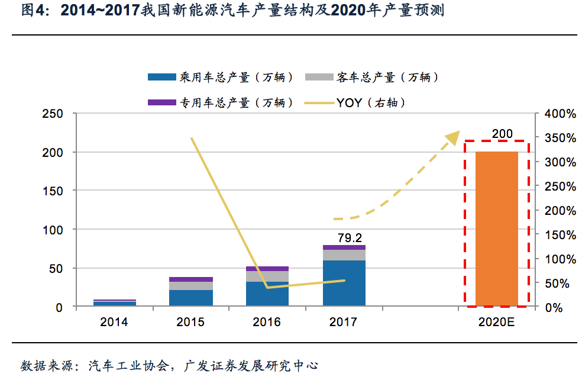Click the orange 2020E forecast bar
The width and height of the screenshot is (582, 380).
(496, 228)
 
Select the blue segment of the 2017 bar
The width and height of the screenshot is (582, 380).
(344, 283)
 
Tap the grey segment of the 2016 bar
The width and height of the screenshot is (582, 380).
(267, 276)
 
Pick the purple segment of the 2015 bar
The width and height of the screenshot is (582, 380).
(190, 279)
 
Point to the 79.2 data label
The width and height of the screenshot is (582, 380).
(350, 238)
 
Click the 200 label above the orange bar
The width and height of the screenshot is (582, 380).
(502, 134)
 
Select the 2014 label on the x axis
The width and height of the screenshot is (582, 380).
(114, 323)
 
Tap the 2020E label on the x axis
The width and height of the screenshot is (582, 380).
(497, 323)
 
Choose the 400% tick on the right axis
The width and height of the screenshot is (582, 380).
(559, 114)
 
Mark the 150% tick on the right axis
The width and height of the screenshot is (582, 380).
(559, 235)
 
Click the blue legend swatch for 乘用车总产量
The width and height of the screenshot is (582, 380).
(161, 77)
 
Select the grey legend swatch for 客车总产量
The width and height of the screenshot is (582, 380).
(319, 77)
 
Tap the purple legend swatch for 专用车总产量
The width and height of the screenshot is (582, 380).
(161, 102)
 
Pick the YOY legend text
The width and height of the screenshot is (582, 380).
(349, 102)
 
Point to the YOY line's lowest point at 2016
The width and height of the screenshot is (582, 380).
(267, 288)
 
